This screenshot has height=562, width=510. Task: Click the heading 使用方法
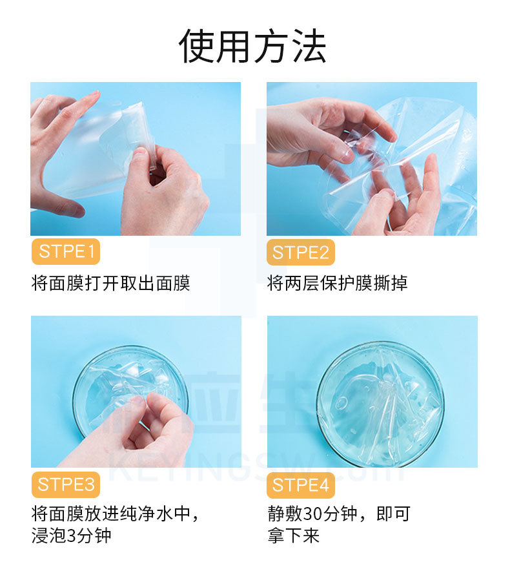click(252, 47)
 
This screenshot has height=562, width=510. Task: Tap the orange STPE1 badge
click(66, 252)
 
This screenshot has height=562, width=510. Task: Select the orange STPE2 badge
click(301, 253)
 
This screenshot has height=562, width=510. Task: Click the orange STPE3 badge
click(66, 485)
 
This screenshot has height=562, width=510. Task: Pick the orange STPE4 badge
click(301, 485)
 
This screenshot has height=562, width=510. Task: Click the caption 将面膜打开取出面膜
click(110, 283)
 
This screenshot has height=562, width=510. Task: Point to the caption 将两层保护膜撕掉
click(338, 283)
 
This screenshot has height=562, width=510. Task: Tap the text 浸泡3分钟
click(71, 536)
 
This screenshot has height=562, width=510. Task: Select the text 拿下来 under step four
click(293, 536)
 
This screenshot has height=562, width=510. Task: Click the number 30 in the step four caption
click(312, 514)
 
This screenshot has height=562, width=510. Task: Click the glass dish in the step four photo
click(381, 404)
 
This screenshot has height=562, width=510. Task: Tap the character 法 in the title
click(309, 47)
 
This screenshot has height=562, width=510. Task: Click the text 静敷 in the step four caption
click(285, 514)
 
